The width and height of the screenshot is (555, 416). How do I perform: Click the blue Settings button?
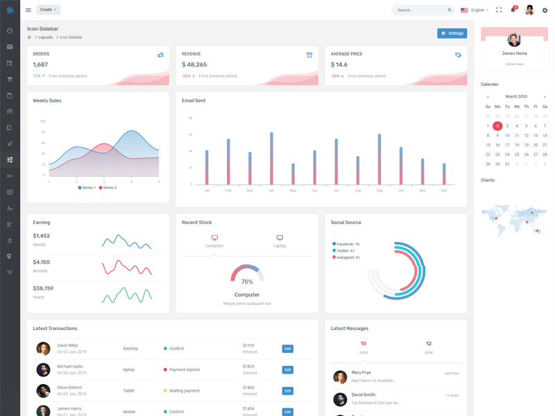[452, 33]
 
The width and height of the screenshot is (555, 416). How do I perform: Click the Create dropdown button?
[49, 10]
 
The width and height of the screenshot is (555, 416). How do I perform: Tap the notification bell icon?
[513, 10]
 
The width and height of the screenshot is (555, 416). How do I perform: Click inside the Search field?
[420, 10]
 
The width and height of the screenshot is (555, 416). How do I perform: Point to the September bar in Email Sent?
[379, 159]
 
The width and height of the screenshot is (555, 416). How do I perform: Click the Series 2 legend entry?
[108, 188]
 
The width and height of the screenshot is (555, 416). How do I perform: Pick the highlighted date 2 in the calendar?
[497, 126]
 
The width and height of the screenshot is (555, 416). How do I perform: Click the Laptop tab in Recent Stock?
[280, 241]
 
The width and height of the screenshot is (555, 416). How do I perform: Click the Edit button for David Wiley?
[287, 349]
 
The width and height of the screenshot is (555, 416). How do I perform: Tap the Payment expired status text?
[184, 370]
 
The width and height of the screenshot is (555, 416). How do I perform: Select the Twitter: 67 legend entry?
[346, 251]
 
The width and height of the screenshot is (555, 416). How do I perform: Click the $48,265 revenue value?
[195, 64]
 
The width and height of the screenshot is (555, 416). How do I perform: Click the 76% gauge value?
[247, 282]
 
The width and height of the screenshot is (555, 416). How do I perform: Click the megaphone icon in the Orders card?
[160, 55]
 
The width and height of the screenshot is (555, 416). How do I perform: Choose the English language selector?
[475, 10]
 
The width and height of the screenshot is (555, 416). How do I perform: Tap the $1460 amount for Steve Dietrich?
[248, 388]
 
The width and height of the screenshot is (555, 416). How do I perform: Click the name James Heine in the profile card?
[514, 53]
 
